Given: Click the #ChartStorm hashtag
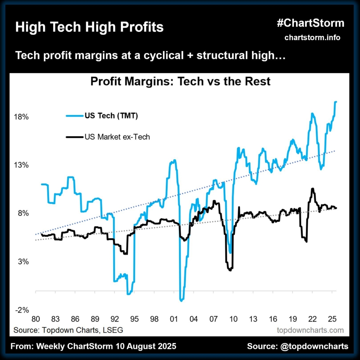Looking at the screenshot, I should point(310,24).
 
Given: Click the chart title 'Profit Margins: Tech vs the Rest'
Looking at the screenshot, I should point(180,82).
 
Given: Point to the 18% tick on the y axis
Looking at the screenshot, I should point(21,117).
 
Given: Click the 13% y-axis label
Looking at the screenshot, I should point(21,165).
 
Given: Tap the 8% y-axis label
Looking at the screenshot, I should point(22,213).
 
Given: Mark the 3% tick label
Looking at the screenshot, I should point(22,262).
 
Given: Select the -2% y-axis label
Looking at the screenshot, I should point(21,310).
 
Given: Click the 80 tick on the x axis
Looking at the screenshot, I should point(35,320).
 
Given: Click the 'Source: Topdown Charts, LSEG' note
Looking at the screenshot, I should point(68,330).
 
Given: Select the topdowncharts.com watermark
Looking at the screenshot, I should point(310,330).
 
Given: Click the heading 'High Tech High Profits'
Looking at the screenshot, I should point(89,27).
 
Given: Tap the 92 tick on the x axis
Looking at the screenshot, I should point(114,320).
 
